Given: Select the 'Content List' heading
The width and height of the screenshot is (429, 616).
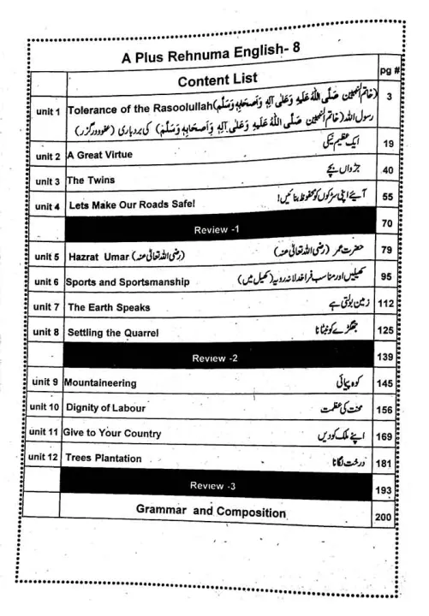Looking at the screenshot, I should pyautogui.click(x=217, y=80).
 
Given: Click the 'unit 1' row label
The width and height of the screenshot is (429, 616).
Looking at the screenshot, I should pyautogui.click(x=46, y=112).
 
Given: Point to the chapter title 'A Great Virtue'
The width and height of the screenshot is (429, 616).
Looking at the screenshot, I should pyautogui.click(x=99, y=157).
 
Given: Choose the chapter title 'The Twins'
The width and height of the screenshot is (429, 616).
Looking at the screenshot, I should pyautogui.click(x=91, y=181).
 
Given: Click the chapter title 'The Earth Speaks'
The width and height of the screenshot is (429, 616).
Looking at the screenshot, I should pyautogui.click(x=109, y=306).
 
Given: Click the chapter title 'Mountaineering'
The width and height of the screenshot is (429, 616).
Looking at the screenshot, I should pyautogui.click(x=100, y=382).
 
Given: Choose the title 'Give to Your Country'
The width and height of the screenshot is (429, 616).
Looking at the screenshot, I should pyautogui.click(x=112, y=433).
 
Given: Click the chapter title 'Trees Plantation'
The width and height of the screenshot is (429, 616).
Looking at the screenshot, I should pyautogui.click(x=104, y=459).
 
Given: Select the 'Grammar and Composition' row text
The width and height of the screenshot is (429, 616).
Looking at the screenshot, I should pyautogui.click(x=211, y=512).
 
